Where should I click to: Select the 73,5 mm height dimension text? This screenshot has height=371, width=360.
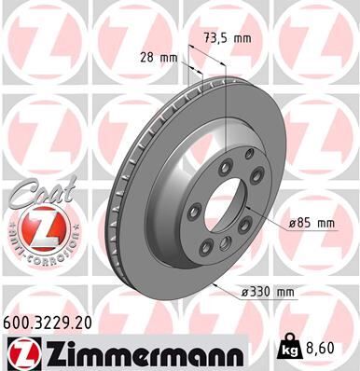[229, 38]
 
